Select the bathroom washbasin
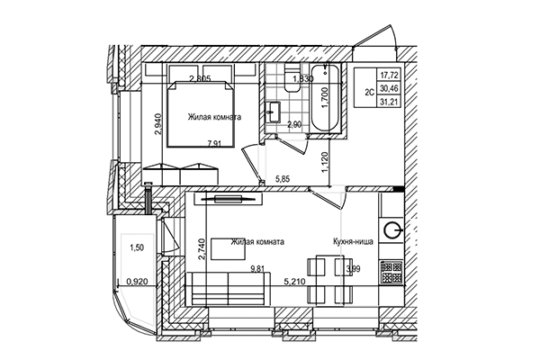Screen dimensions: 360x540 (272, 112)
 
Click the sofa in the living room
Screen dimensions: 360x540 (228, 291)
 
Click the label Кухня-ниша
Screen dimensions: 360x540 (355, 242)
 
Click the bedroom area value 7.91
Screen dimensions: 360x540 (213, 141)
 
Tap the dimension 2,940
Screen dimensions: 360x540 (158, 121)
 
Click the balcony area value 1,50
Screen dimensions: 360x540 (136, 247)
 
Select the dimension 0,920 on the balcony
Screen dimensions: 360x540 (137, 282)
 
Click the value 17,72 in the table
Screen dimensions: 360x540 (390, 76)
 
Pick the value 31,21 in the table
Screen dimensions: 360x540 (390, 103)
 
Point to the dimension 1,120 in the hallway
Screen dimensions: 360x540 (324, 162)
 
